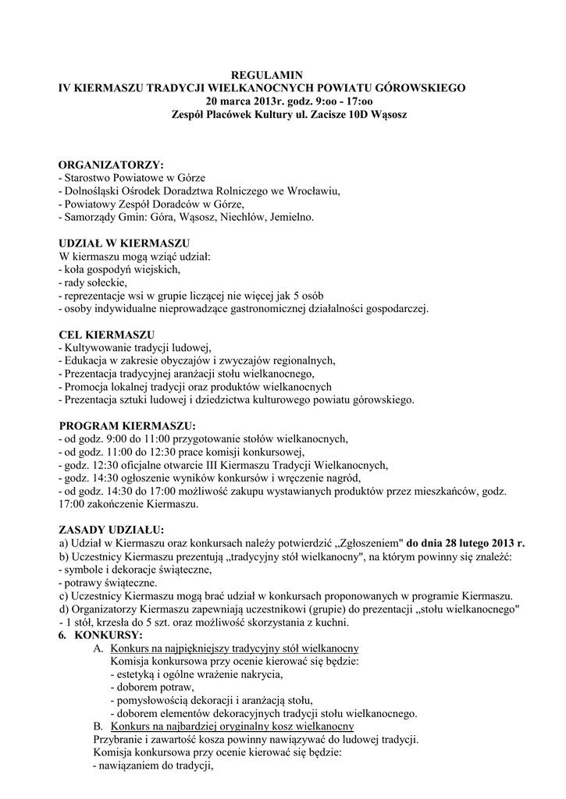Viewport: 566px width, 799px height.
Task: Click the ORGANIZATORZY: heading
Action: pyautogui.click(x=112, y=165)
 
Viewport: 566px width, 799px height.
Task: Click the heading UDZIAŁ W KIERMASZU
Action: pyautogui.click(x=124, y=243)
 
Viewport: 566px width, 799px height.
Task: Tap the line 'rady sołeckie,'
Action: pyautogui.click(x=93, y=282)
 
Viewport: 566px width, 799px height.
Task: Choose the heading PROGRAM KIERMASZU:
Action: pyautogui.click(x=128, y=426)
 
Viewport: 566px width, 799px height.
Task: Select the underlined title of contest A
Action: pyautogui.click(x=235, y=649)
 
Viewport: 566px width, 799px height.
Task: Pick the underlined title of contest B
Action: pyautogui.click(x=233, y=726)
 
